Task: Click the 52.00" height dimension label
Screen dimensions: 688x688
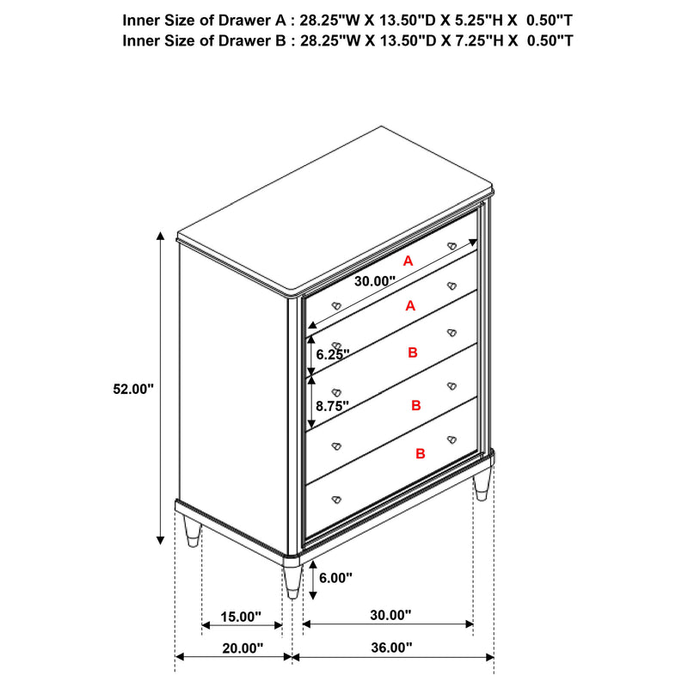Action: point(132,389)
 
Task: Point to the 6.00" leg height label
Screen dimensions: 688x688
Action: point(335,579)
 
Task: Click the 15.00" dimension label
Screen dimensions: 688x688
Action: point(241,617)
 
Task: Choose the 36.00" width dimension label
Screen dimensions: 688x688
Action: point(392,648)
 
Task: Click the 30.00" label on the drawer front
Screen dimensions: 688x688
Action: point(373,280)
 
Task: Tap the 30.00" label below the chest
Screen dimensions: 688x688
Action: point(390,616)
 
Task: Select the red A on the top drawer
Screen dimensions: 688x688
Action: point(408,260)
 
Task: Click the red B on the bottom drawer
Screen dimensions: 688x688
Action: point(421,453)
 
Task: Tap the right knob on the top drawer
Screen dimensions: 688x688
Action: point(451,246)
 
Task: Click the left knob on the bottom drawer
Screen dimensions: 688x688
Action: point(335,498)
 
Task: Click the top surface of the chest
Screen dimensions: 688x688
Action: point(335,206)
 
